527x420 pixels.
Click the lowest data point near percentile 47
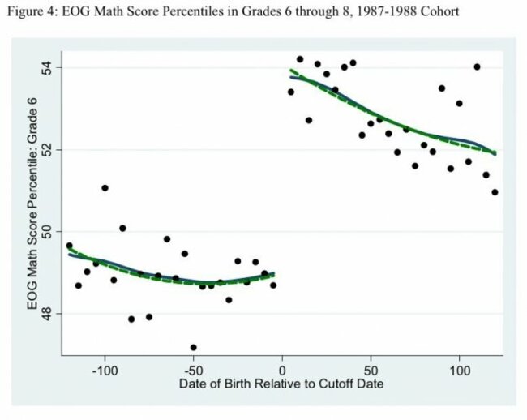193,347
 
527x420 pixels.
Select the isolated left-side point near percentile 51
105,187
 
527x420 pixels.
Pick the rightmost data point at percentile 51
495,192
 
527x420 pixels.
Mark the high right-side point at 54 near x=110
477,66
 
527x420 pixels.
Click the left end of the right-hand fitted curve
290,73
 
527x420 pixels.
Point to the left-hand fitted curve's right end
274,274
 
